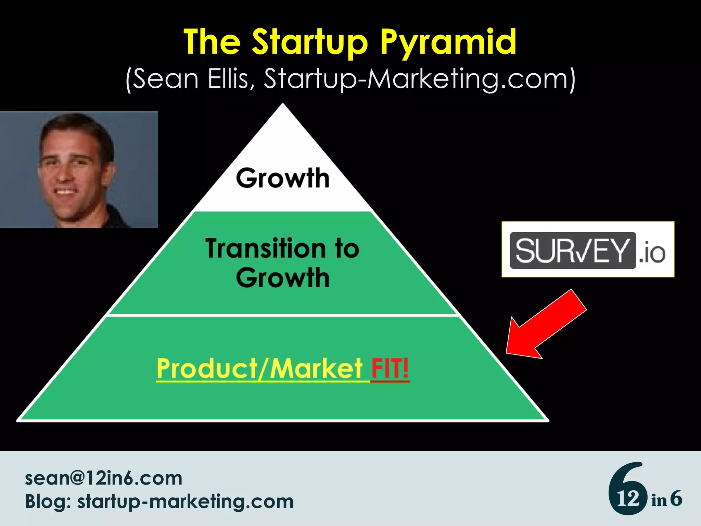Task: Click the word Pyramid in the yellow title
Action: point(448,42)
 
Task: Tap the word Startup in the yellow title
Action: point(310,42)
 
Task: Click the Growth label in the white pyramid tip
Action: point(283,178)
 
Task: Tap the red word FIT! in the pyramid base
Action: point(390,368)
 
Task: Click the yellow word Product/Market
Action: point(259,368)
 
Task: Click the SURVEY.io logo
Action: point(588,250)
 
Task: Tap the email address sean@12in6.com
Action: point(103,478)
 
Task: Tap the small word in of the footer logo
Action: point(659,500)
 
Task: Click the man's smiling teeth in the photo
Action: point(66,191)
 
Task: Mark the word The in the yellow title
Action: point(212,42)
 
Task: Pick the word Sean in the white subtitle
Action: point(166,79)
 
